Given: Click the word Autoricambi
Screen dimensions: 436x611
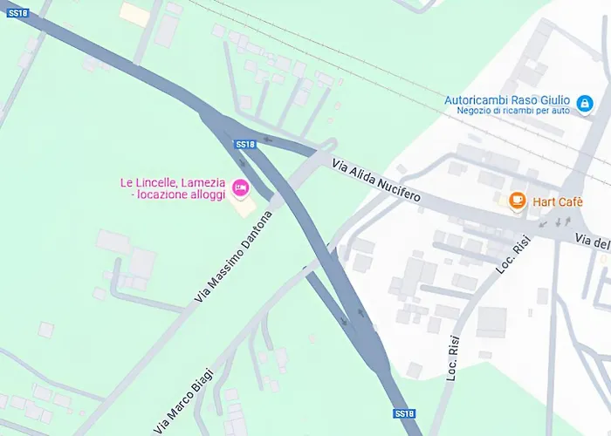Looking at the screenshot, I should (x=477, y=99).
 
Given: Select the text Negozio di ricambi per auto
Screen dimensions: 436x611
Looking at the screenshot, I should (x=512, y=111).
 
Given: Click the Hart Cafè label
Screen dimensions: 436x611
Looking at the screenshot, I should (x=558, y=202).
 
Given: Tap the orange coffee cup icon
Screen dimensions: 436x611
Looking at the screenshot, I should (x=518, y=201).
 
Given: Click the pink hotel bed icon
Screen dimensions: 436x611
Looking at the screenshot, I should (x=240, y=187).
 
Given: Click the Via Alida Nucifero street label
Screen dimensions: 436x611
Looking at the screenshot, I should (x=376, y=181).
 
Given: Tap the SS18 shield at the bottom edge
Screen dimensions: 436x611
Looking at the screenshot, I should (x=403, y=413).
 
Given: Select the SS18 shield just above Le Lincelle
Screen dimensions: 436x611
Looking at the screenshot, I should (x=244, y=145).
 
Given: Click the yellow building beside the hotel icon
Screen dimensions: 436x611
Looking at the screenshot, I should (x=244, y=208).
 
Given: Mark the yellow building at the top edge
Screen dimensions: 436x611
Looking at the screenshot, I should (x=134, y=13).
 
